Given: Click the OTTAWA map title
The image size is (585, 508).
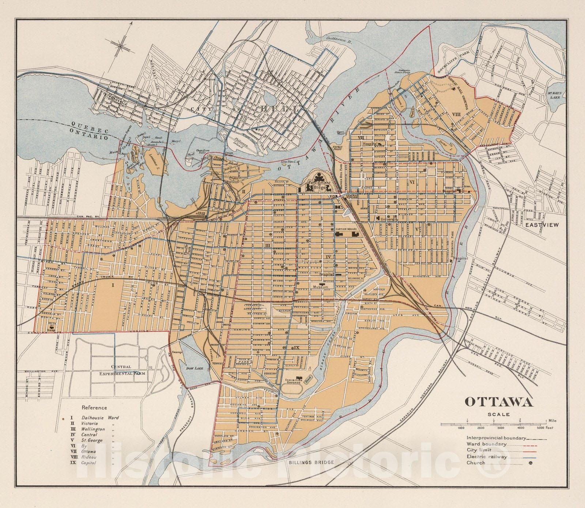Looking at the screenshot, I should pyautogui.click(x=498, y=401).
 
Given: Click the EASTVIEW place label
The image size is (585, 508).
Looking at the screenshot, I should pyautogui.click(x=542, y=225).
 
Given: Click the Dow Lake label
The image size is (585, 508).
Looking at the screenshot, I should pyautogui.click(x=192, y=369).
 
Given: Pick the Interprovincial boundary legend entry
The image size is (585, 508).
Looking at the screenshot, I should pyautogui.click(x=496, y=438).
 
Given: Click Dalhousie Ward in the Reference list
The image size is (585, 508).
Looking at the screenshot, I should pyautogui.click(x=100, y=417).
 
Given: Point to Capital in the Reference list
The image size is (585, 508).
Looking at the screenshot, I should pyautogui.click(x=89, y=463).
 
